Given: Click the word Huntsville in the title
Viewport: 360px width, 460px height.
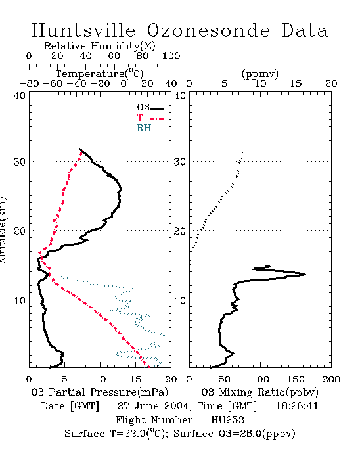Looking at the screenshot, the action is coord(83,30).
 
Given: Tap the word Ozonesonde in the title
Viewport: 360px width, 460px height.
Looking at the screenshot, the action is coord(208,30).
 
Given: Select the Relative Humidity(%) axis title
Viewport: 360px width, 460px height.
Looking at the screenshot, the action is coord(100,46).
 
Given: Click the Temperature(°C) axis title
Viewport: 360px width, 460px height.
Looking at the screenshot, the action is coord(100,74).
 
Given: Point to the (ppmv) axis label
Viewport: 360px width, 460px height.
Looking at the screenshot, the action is coord(260,74).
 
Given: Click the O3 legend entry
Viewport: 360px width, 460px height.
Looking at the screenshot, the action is coord(150,108).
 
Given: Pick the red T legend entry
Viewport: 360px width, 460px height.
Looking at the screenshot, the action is coord(150,118).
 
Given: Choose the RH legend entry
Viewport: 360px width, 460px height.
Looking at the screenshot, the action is coord(150,128).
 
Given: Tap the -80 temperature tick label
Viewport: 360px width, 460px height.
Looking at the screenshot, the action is coord(29,83).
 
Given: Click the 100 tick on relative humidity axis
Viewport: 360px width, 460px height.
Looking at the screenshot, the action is coord(171,56).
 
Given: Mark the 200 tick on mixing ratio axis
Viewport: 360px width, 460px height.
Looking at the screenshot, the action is coord(331,379).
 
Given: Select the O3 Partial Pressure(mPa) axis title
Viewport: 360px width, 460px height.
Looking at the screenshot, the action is coord(100,392).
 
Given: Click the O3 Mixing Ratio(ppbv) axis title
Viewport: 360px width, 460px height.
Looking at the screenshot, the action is coord(259,392).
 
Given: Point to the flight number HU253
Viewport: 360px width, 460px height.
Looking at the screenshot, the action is coord(227,420).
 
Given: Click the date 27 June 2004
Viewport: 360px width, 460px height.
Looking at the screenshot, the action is coord(153,406).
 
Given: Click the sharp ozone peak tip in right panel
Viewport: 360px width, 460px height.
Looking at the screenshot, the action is coord(305,274).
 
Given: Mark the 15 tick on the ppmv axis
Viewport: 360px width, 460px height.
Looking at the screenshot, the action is coord(296,83).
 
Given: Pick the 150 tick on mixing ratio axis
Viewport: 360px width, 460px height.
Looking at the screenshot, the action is coord(296,379).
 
